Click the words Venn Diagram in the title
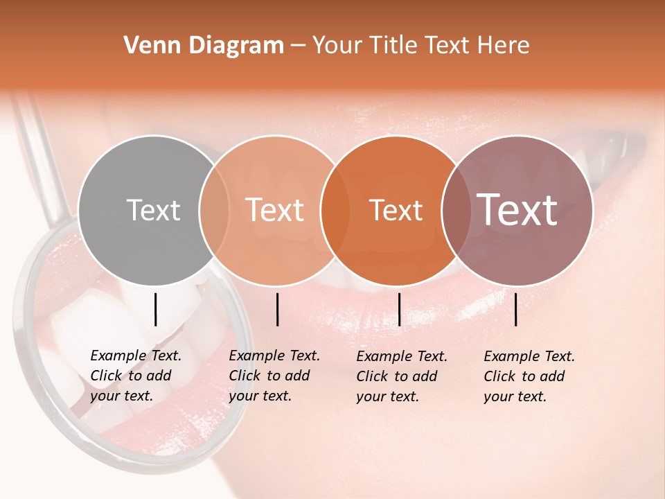click(x=204, y=46)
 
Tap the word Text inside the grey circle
click(x=153, y=210)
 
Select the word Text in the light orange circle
click(x=275, y=210)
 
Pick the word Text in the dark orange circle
click(x=396, y=210)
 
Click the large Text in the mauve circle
click(x=517, y=210)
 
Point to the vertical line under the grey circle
click(x=156, y=309)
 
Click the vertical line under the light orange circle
click(x=277, y=309)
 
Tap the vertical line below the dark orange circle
click(x=399, y=309)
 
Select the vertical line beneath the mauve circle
click(x=516, y=309)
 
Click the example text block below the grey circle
click(x=136, y=376)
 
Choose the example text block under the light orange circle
click(x=274, y=376)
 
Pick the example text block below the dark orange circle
click(x=402, y=376)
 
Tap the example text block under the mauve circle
click(x=529, y=376)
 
